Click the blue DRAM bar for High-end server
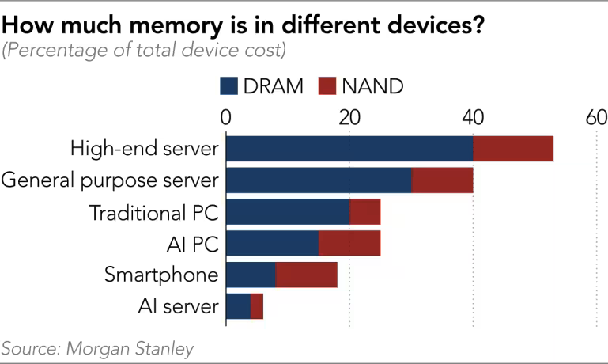tap(349, 149)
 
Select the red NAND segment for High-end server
tap(513, 149)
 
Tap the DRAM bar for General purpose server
tap(319, 180)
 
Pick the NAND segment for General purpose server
tap(442, 180)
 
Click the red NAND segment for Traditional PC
tap(364, 212)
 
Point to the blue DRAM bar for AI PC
tap(273, 244)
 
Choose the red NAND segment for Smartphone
tap(306, 275)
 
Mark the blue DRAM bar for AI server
tap(239, 306)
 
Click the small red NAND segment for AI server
tap(257, 306)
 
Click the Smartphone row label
tap(161, 275)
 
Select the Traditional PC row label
tap(153, 212)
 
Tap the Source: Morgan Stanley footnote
tap(96, 349)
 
